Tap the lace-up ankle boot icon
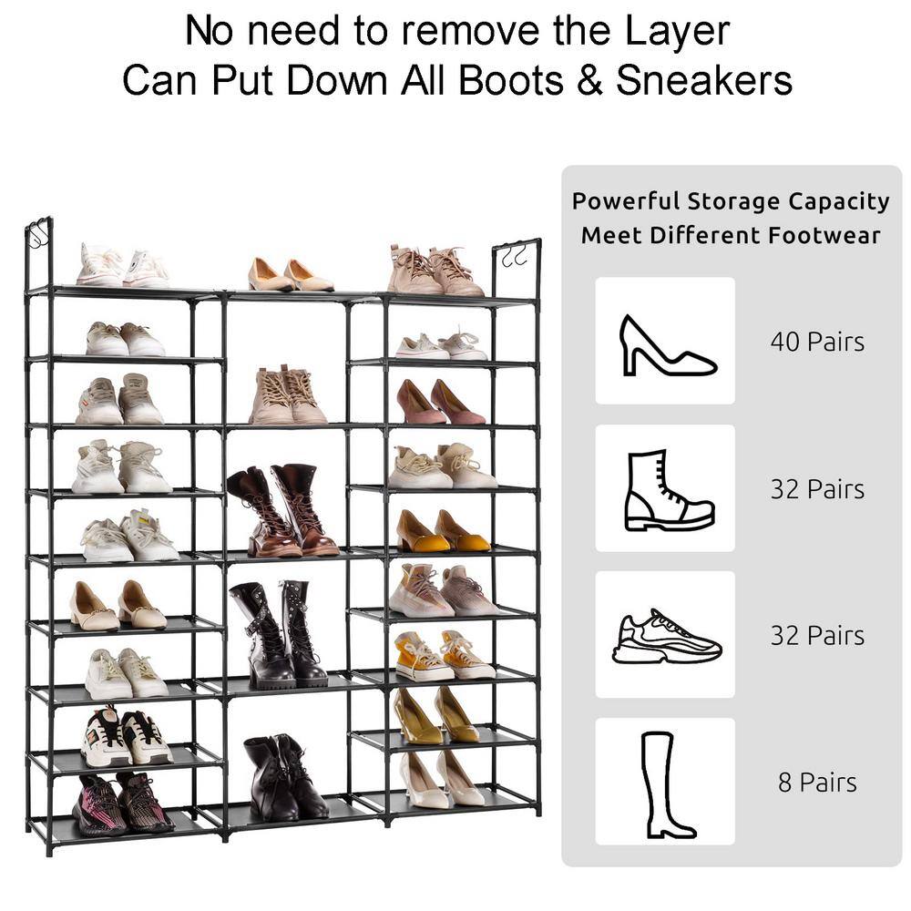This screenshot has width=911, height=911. pos(668,490)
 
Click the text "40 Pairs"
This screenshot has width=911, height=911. pos(817,342)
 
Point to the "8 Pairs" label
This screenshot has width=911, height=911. pos(817,782)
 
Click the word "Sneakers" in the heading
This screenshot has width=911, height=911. pos(704,79)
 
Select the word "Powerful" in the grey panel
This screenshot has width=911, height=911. pos(625,201)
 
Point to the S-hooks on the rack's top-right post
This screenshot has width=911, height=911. pos(514,255)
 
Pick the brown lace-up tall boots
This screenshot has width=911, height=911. pos(281,510)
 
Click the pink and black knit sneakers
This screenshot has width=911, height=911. pos(123,804)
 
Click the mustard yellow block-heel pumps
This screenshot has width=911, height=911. pos(443,531)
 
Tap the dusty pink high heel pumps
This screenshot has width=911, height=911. pos(440,402)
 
